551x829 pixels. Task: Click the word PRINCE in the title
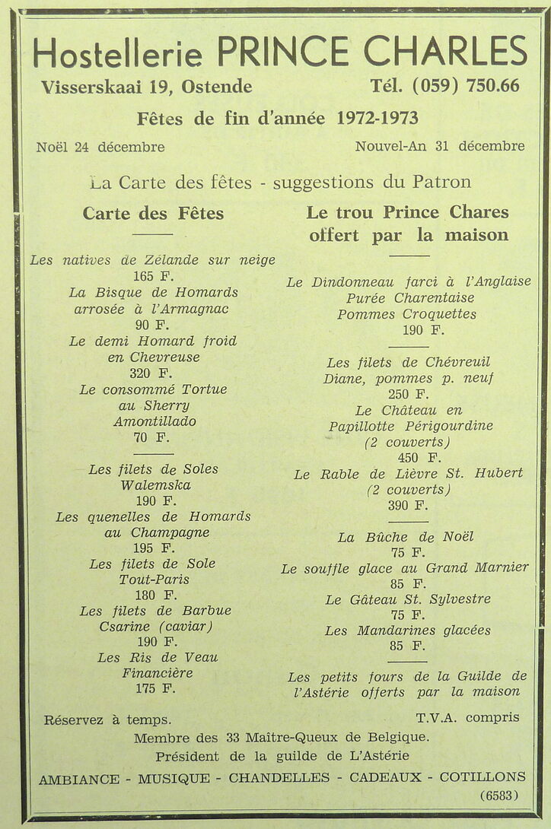[283, 51]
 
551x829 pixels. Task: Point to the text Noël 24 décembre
[100, 147]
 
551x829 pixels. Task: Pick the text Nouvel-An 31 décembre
[439, 146]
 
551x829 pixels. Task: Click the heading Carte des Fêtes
[153, 213]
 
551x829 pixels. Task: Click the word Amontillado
[154, 421]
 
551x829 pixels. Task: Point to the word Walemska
[155, 485]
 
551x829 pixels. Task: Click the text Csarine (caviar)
[155, 627]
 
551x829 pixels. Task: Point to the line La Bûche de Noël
[406, 537]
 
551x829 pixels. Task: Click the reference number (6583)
[499, 796]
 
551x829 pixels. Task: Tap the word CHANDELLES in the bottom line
[279, 778]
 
